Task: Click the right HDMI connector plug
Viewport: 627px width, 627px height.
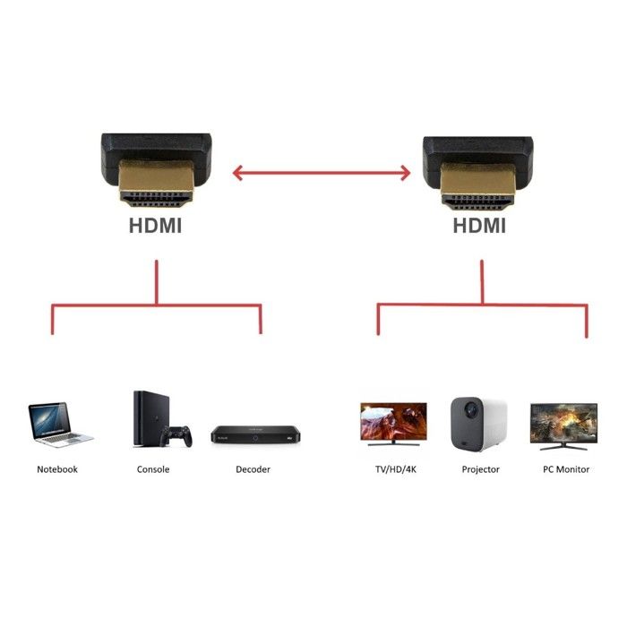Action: tap(478, 165)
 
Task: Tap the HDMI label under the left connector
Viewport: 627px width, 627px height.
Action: tap(155, 226)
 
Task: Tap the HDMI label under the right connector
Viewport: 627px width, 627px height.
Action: tap(478, 226)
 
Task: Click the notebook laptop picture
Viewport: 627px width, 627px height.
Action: tap(59, 424)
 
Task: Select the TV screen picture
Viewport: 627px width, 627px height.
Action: tap(393, 422)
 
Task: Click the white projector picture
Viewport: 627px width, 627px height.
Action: tap(478, 421)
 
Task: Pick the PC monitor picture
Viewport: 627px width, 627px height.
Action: tap(563, 423)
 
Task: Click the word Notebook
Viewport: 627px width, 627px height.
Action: tap(57, 469)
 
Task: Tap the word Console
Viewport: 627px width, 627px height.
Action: tap(153, 469)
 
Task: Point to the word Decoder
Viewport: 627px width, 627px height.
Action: tap(253, 469)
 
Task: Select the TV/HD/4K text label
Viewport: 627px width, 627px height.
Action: tap(394, 469)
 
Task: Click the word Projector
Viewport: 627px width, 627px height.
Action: tap(481, 469)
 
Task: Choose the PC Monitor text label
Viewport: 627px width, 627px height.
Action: tap(566, 469)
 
